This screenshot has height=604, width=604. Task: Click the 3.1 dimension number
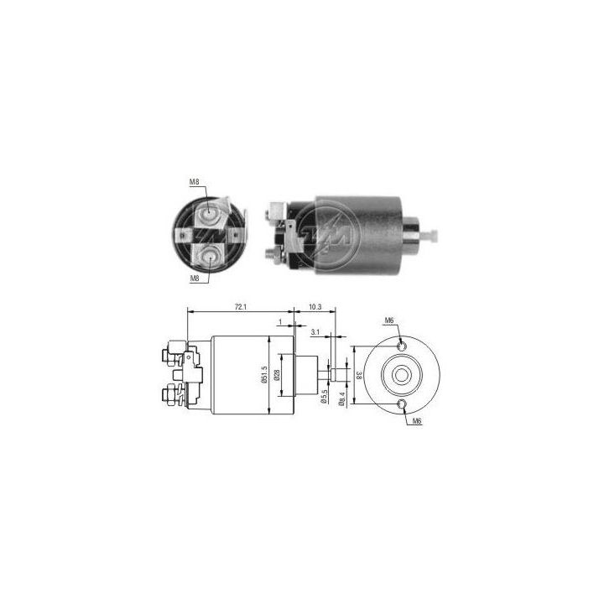point(315,333)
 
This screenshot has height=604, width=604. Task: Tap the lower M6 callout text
point(417,421)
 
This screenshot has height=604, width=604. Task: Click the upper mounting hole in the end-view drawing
point(403,345)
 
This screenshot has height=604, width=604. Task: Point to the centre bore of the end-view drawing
point(403,375)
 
